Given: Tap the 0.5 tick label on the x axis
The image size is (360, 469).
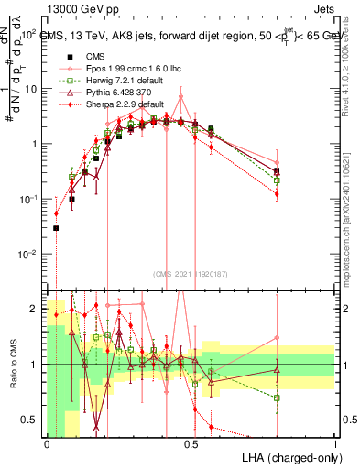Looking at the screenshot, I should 191,442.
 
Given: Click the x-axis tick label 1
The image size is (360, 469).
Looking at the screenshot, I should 335,442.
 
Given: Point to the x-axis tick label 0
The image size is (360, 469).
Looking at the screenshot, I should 47,442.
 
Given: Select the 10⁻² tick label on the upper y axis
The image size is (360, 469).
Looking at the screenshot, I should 29,254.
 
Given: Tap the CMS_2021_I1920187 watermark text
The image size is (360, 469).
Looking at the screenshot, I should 191,274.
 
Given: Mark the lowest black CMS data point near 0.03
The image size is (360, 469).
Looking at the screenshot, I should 56,228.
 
